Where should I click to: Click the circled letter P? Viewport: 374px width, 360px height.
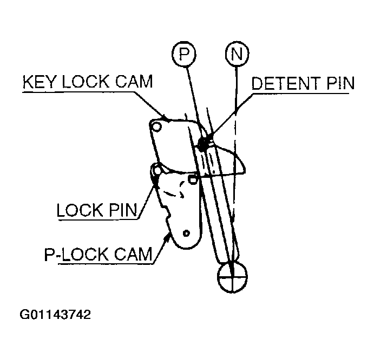pos(183,54)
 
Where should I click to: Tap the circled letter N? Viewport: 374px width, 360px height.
pos(237,54)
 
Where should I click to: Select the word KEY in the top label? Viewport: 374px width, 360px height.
pos(40,82)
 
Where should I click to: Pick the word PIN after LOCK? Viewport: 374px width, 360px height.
pos(123,210)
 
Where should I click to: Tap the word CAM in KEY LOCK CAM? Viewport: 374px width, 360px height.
pos(134,82)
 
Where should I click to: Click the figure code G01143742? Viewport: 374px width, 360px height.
pos(55,315)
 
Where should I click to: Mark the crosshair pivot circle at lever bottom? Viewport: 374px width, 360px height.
pos(232,277)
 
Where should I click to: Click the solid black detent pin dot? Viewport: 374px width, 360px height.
pos(203,143)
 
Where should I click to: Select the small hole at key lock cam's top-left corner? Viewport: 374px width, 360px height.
pos(156,126)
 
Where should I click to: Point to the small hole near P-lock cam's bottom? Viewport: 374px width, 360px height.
pos(186,234)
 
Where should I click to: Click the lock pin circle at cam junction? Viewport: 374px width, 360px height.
pos(158,170)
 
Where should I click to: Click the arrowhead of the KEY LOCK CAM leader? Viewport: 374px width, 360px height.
pos(165,118)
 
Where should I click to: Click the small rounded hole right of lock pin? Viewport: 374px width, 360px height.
pos(193,179)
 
